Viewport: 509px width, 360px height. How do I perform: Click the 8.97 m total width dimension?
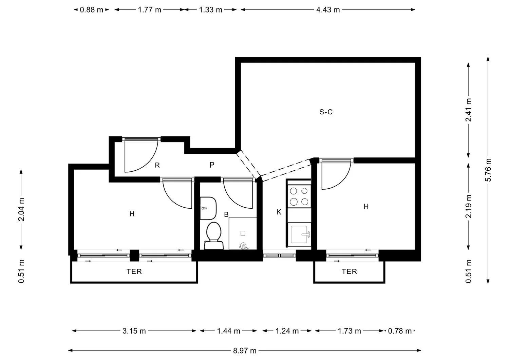[245, 350]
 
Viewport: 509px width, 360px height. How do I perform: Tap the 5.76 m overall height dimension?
[488, 170]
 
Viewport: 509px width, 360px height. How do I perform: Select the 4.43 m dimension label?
[328, 10]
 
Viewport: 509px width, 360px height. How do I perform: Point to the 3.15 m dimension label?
[134, 331]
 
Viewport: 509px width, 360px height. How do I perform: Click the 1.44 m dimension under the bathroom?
[229, 331]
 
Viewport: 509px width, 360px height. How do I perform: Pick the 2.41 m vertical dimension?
[468, 110]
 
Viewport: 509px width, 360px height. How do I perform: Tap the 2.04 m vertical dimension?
[21, 209]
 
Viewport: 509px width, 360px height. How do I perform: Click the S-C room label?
[326, 112]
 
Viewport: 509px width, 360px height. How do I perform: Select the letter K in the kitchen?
[279, 212]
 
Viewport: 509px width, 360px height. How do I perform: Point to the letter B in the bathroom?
[226, 214]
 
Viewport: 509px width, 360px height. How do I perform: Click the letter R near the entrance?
[157, 165]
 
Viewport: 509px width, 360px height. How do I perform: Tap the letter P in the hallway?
[212, 165]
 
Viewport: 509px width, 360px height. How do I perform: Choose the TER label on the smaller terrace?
[349, 271]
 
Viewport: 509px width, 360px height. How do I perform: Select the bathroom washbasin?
[208, 208]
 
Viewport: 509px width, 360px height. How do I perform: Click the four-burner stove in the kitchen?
[299, 196]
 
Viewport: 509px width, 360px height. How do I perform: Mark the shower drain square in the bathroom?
[243, 233]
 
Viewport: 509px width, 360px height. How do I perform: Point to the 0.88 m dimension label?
[91, 10]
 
